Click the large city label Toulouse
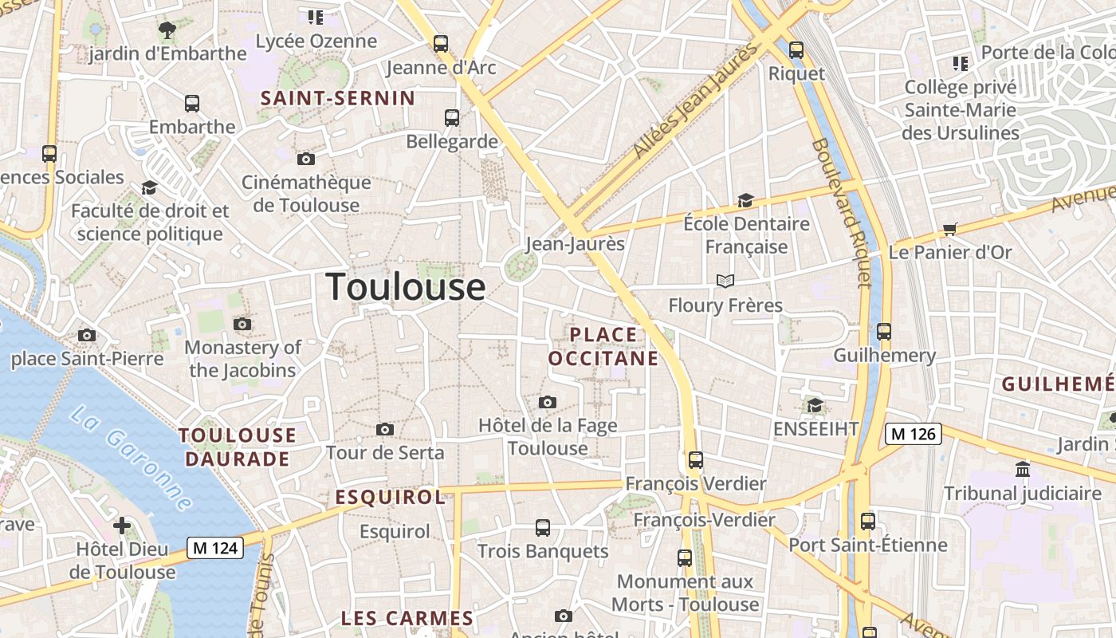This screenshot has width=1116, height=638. [406, 287]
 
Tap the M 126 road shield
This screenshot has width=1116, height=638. [914, 434]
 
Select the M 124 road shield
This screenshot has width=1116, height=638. [215, 548]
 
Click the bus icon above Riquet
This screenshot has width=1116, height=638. [796, 49]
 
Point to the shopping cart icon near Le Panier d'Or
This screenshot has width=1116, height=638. [949, 230]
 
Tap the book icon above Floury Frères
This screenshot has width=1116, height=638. [725, 281]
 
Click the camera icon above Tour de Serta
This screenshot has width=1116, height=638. [385, 430]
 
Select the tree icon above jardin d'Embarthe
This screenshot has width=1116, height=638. [167, 30]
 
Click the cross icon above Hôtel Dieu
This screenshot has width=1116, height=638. [122, 526]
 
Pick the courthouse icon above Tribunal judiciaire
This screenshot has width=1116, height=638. [1023, 469]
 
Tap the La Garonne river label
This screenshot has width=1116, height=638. [132, 459]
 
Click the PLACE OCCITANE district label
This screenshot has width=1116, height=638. [603, 346]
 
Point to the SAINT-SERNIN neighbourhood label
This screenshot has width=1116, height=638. [338, 98]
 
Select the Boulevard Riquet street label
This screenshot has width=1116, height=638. [842, 212]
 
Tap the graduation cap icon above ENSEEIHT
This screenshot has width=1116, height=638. [815, 405]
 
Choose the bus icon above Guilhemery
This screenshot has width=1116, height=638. [883, 331]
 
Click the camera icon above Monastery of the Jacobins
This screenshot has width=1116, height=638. [242, 324]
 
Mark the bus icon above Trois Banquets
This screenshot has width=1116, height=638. [543, 527]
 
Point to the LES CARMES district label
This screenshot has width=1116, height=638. [407, 618]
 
